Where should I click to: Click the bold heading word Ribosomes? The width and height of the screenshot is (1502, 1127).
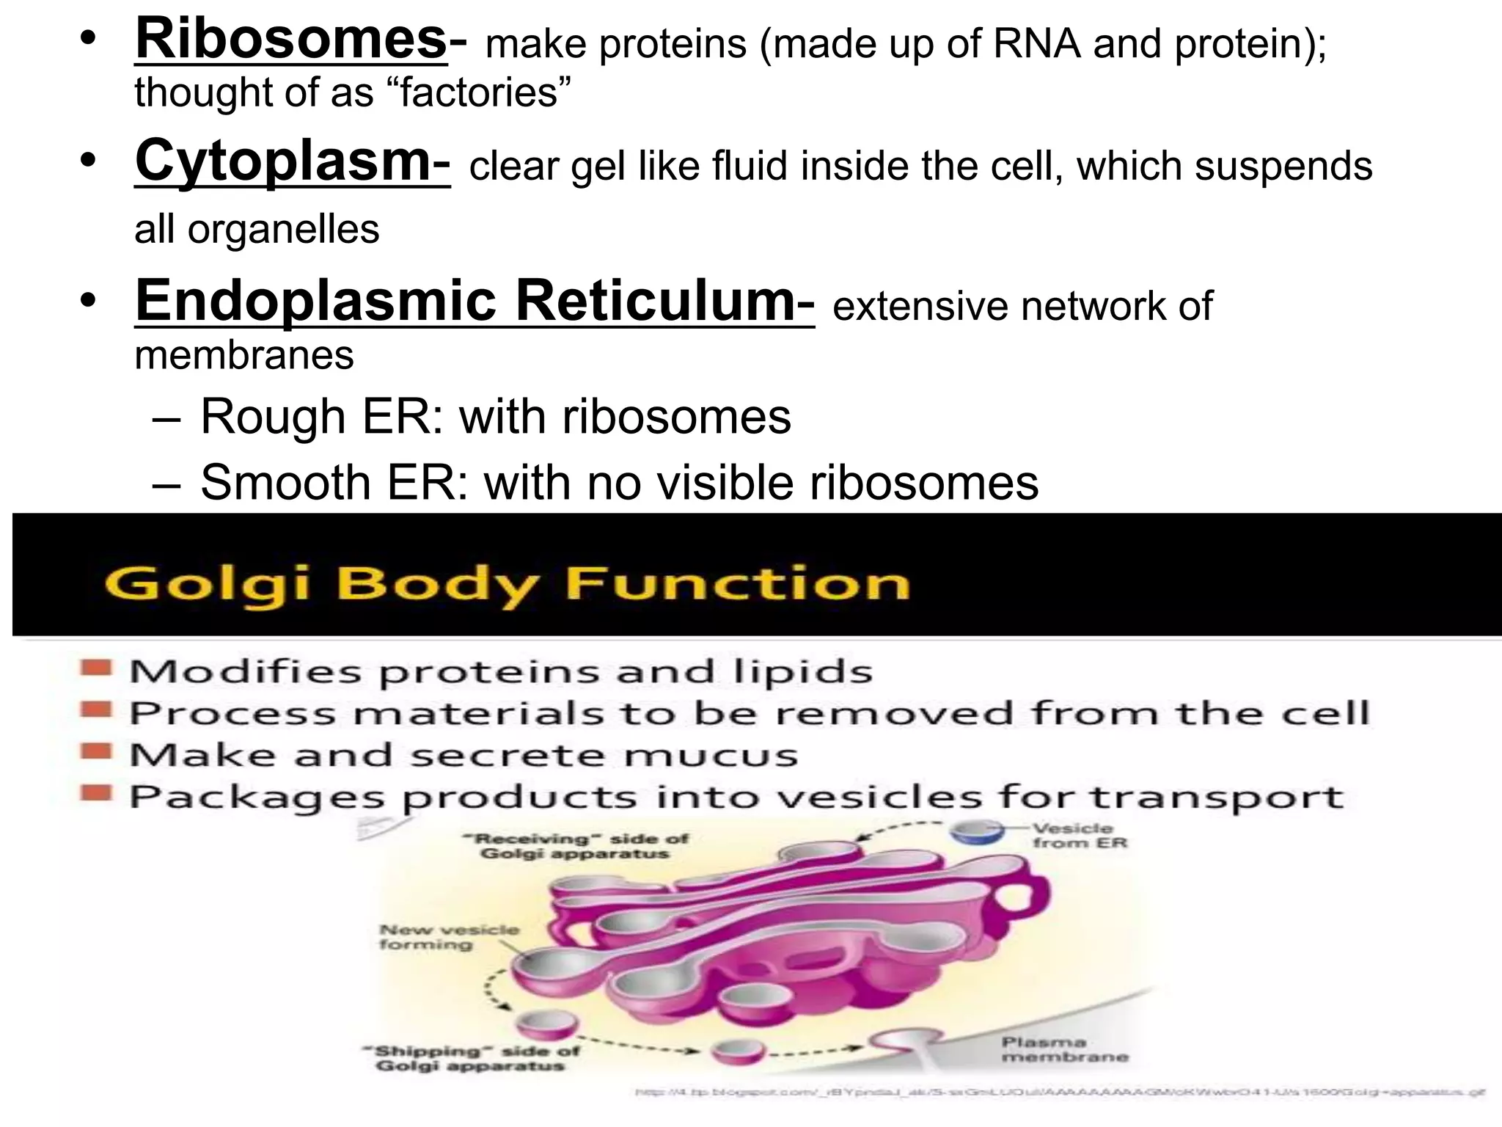point(290,40)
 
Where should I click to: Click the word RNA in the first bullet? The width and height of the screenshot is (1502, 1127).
point(1036,44)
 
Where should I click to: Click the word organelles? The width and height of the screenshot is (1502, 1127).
point(283,230)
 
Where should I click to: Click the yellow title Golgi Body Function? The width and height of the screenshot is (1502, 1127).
point(506,585)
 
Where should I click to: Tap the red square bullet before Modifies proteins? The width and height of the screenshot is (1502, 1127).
point(96,668)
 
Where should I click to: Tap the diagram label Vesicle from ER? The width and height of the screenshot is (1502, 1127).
point(1078,836)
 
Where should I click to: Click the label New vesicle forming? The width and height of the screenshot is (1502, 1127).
point(448,937)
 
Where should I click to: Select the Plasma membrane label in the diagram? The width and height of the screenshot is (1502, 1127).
point(1064,1050)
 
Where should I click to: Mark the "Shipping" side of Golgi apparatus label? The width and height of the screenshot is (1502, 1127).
point(469,1058)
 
